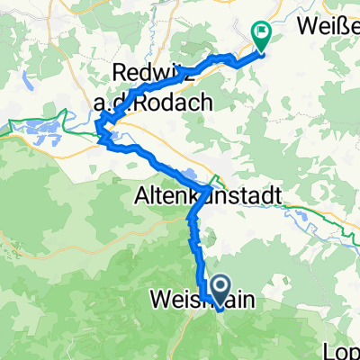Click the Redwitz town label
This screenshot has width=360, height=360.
pos(150,71)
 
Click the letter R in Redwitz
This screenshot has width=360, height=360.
pos(121,71)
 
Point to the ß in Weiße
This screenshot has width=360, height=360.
pos(346,20)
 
